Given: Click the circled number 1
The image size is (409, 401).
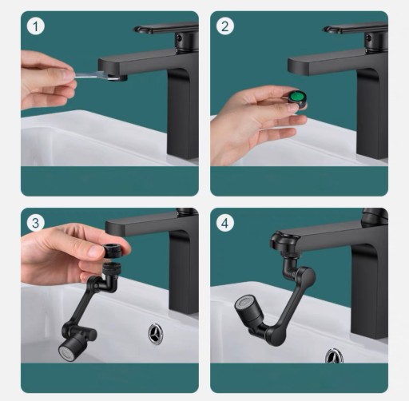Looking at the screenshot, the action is click(36, 26).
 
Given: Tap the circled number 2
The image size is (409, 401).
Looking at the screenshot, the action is click(225, 26).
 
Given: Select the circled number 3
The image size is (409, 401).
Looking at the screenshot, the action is click(36, 223).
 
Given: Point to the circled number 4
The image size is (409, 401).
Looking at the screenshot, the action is click(225, 223).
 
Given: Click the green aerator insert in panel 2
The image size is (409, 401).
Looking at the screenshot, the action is click(296, 97).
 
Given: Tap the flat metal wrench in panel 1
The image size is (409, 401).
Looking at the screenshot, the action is click(97, 76).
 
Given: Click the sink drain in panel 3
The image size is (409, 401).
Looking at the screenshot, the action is click(157, 333).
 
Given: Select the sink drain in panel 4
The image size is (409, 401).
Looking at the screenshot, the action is click(334, 356).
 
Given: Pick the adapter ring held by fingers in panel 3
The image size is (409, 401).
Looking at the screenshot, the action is click(112, 250).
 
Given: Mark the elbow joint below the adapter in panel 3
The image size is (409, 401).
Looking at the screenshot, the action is click(109, 283).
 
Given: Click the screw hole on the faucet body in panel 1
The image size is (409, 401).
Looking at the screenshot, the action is click(180, 38).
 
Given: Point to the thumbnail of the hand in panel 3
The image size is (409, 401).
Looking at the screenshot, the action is click(94, 251).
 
